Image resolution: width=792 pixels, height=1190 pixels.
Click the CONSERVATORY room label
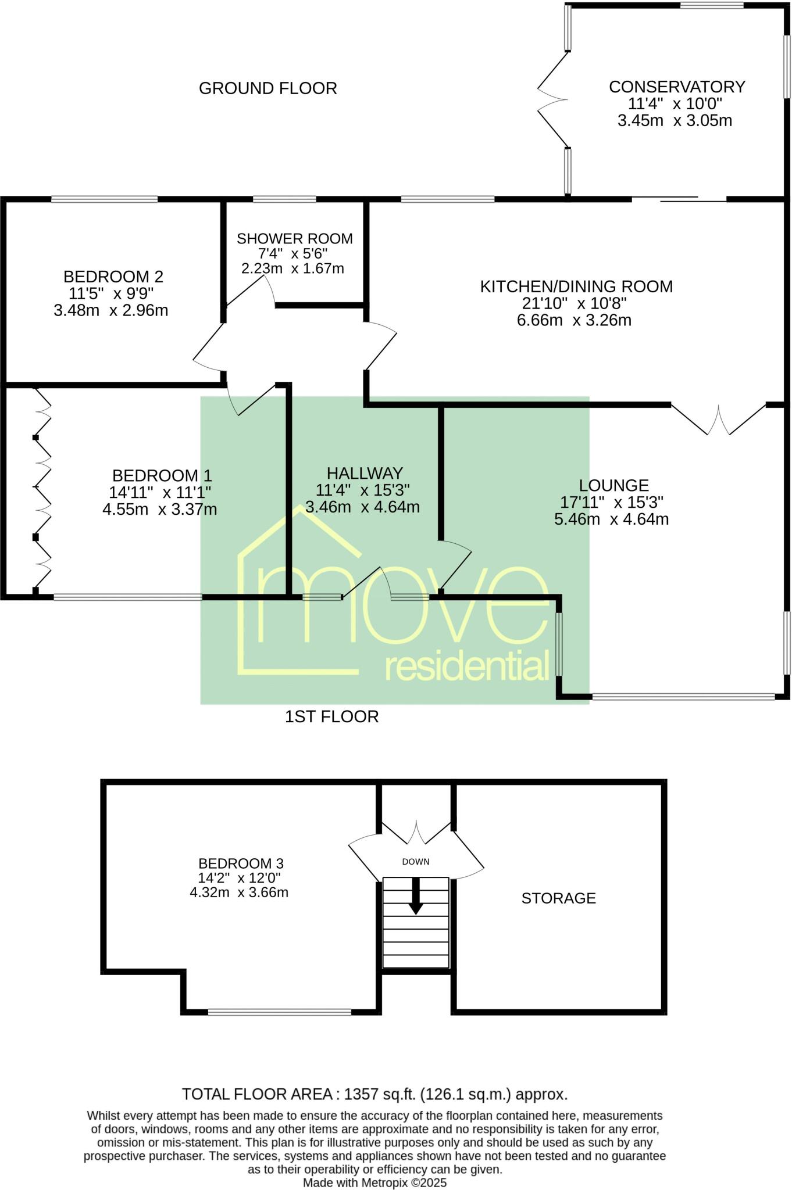click(x=677, y=87)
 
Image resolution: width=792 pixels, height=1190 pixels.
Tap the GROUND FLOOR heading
click(x=268, y=88)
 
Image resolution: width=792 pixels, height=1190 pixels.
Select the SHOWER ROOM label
click(x=295, y=239)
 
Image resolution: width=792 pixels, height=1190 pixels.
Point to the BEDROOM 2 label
click(x=113, y=277)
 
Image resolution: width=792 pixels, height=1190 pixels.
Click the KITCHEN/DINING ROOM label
click(x=576, y=286)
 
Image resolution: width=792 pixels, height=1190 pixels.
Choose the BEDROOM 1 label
click(x=162, y=476)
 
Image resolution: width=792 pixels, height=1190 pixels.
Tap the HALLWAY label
click(x=365, y=473)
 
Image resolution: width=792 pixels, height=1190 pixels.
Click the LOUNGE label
click(x=613, y=485)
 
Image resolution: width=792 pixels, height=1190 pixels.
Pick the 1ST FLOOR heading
click(x=331, y=716)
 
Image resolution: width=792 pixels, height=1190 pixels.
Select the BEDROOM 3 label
click(x=241, y=863)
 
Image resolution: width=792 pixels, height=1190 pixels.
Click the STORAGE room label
click(x=558, y=898)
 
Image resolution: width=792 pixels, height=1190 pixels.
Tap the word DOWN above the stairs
click(x=416, y=862)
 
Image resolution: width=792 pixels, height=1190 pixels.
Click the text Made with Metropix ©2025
click(x=374, y=1182)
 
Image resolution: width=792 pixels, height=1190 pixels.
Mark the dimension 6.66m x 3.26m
click(x=574, y=320)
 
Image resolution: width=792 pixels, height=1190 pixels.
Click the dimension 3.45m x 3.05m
click(x=675, y=121)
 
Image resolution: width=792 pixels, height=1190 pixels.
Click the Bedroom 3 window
click(x=280, y=1012)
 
